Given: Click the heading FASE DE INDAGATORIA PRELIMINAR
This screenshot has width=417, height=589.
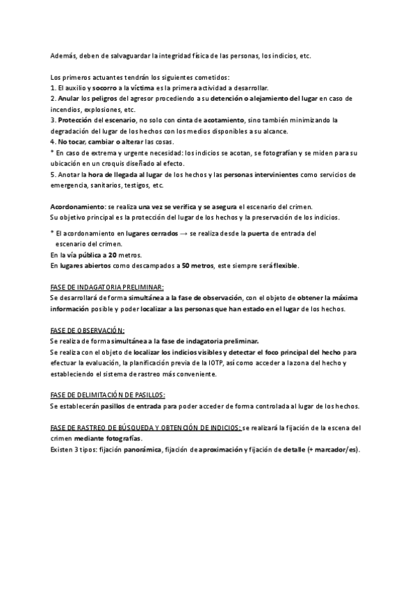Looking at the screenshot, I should coord(107,287).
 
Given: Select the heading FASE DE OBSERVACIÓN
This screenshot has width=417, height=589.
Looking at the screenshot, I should coord(88,330).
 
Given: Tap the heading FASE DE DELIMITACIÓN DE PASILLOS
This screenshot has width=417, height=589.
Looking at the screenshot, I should coord(108,395).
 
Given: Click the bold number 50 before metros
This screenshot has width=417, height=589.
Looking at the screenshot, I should coord(186,265).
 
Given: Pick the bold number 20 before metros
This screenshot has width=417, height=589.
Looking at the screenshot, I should coord(113,255).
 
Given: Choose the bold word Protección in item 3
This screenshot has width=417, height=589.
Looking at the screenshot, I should coord(79,120).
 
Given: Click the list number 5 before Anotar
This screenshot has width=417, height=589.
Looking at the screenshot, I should coord(53,174).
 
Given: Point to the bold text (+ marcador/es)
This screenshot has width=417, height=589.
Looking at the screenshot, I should coord(333,449).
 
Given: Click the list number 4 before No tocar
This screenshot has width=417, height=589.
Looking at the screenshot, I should coord(54,142).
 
